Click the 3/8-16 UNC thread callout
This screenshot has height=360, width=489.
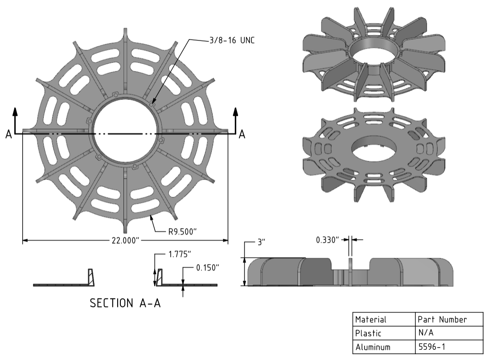click(232, 41)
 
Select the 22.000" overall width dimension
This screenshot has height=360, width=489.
click(125, 240)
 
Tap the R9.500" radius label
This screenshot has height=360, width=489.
click(182, 232)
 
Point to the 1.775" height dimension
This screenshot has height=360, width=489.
click(180, 254)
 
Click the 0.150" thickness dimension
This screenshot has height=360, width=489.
click(207, 268)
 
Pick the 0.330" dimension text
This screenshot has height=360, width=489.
click(327, 240)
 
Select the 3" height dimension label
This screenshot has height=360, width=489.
click(261, 242)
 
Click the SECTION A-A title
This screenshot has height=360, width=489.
click(125, 303)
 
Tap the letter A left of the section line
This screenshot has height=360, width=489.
click(9, 135)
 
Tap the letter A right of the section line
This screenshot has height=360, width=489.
click(242, 135)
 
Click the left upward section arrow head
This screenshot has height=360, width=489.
click(15, 112)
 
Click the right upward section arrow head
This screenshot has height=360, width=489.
click(235, 112)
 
